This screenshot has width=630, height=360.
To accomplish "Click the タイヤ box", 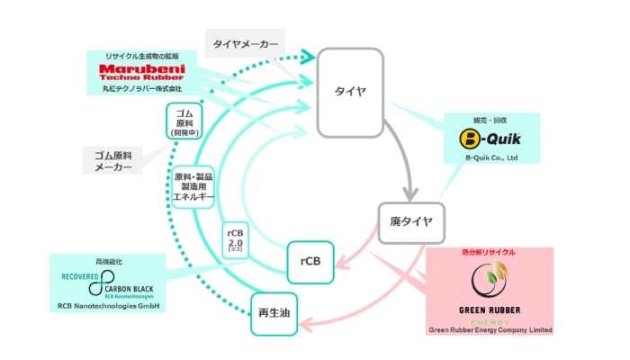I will click(350, 93).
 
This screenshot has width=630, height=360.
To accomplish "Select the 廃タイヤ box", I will click(412, 220).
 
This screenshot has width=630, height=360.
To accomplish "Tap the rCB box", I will click(310, 262).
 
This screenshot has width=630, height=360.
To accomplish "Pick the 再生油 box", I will click(274, 314).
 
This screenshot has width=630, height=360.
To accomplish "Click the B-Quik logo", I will click(491, 140).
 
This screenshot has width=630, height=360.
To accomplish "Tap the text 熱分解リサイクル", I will click(489, 253).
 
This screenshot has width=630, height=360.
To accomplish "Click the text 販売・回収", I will click(490, 119).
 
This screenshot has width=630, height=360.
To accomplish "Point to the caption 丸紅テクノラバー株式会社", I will click(140, 89).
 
